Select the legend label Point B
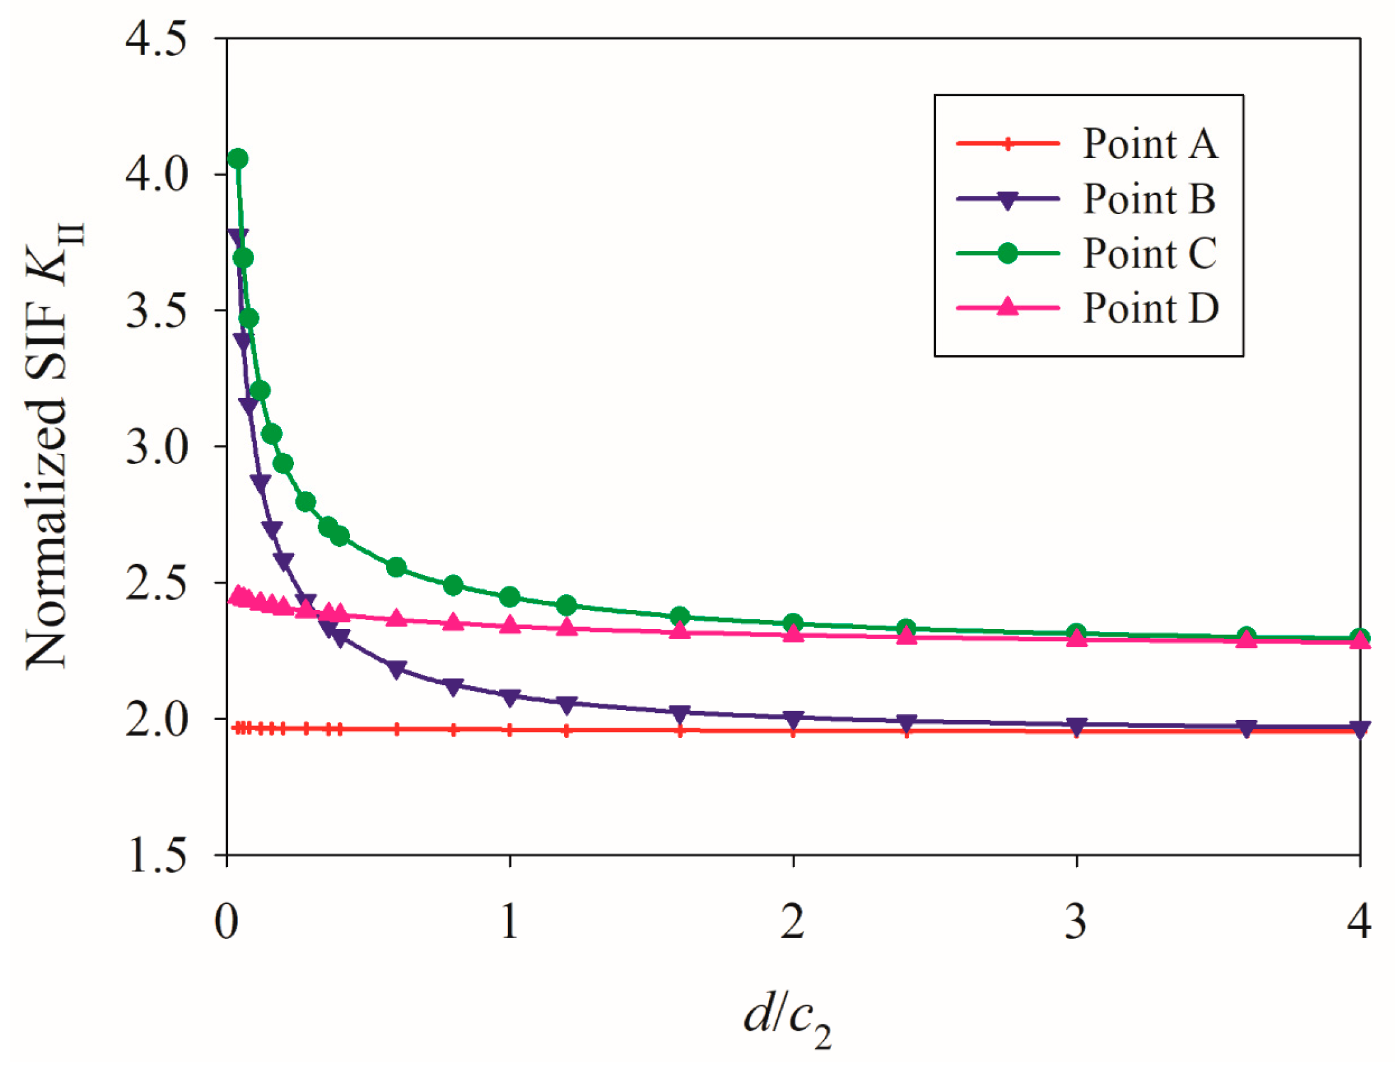[x=1149, y=199]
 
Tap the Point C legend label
[x=1150, y=253]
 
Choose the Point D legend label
[x=1151, y=308]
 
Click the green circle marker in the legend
[x=1007, y=253]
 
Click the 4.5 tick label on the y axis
[x=156, y=39]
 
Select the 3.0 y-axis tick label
[x=156, y=447]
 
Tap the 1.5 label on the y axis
[x=156, y=855]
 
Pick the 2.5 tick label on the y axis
[x=156, y=583]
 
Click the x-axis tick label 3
[x=1076, y=921]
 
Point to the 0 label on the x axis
[x=227, y=921]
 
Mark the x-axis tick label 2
[x=793, y=921]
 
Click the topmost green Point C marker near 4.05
[x=238, y=159]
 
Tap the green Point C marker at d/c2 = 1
[x=509, y=597]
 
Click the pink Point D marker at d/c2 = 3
[x=1076, y=637]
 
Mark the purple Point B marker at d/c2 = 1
[x=509, y=697]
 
